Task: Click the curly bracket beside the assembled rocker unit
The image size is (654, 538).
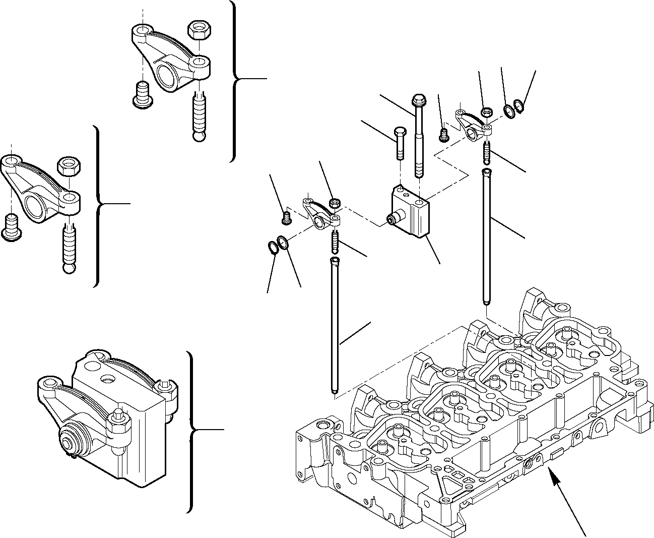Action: pyautogui.click(x=191, y=431)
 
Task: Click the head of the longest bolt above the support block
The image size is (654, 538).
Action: pyautogui.click(x=417, y=99)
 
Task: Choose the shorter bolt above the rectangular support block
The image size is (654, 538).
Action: pyautogui.click(x=399, y=142)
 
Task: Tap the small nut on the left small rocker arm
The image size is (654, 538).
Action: pyautogui.click(x=333, y=203)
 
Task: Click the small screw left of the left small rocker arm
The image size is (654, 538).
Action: pyautogui.click(x=287, y=217)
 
